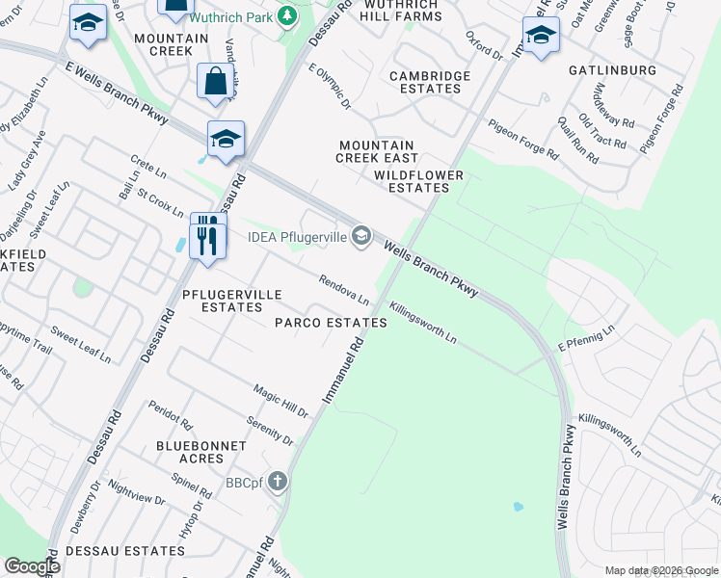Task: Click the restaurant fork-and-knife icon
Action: click(207, 235)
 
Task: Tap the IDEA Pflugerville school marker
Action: click(361, 236)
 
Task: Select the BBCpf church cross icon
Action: click(278, 482)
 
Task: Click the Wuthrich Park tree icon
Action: click(286, 15)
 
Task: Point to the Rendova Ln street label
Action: click(345, 289)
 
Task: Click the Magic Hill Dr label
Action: click(280, 401)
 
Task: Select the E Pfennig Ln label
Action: click(586, 341)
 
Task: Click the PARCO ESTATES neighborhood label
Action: click(331, 323)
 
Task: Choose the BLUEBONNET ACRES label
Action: click(190, 452)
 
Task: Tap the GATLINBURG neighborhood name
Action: click(612, 71)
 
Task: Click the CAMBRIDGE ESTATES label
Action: click(430, 83)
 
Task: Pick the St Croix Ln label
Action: click(160, 203)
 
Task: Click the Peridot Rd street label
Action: click(171, 414)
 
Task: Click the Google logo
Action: click(32, 565)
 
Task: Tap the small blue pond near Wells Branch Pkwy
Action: click(519, 506)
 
